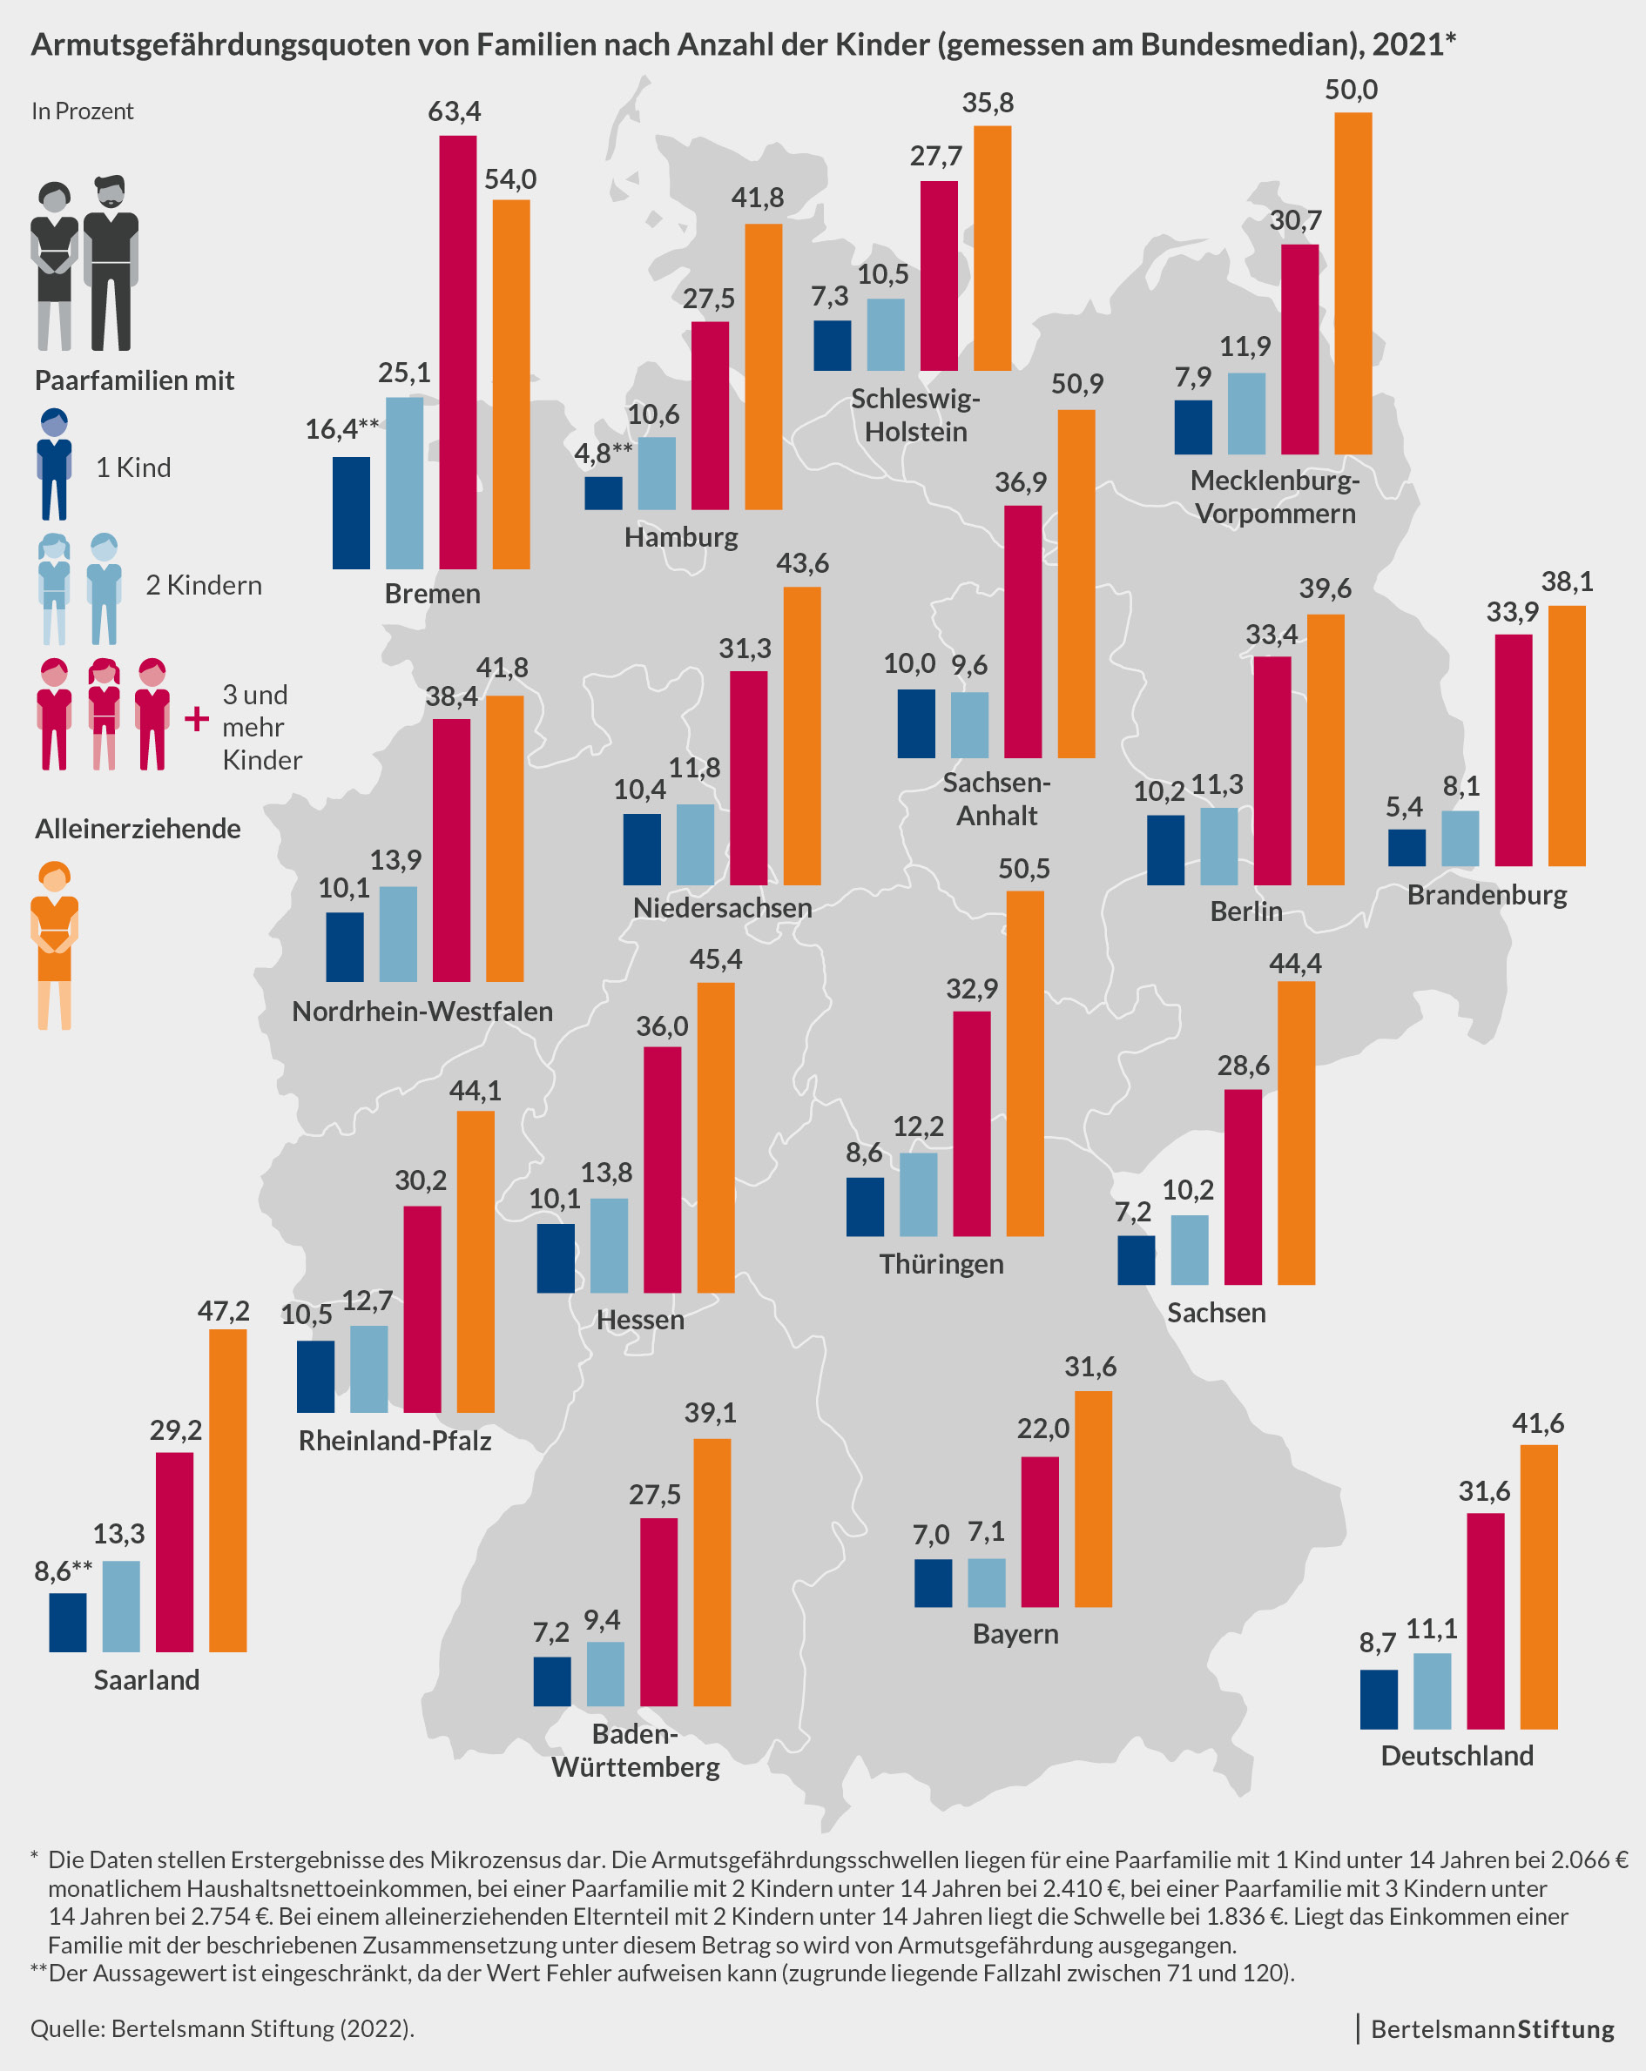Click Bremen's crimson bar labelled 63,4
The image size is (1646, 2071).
(457, 352)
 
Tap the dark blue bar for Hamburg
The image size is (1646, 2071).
(604, 493)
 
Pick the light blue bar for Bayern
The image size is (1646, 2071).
(986, 1582)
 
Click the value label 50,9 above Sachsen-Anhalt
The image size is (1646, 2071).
(1077, 384)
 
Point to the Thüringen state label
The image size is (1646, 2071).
(941, 1263)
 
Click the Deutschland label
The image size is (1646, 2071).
(1457, 1755)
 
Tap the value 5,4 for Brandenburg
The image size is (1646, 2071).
(1404, 807)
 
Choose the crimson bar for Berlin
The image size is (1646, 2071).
(1272, 770)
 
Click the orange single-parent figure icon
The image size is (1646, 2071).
(55, 945)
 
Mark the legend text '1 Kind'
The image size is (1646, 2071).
(133, 467)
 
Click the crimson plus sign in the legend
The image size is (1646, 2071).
(196, 718)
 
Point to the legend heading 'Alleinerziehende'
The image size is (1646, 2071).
(138, 828)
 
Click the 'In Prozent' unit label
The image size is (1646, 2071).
(82, 111)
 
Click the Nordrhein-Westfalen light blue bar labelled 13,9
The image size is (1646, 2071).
(398, 934)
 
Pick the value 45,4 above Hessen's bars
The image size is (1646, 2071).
(716, 959)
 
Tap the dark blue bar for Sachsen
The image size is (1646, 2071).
(1136, 1260)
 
